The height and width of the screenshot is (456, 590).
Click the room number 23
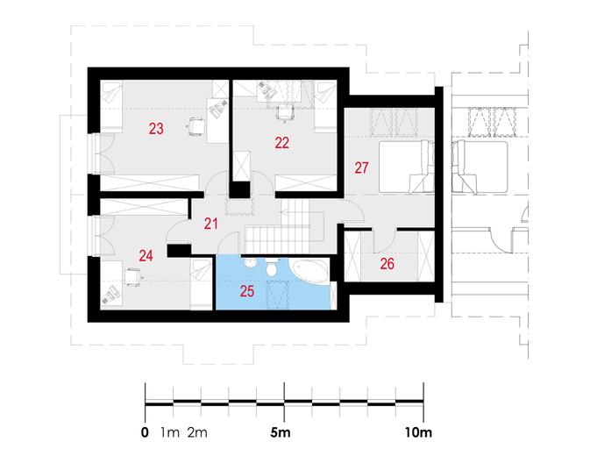[x=156, y=129]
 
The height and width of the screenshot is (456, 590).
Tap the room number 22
[x=281, y=143]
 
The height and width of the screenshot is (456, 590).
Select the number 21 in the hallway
[x=211, y=224]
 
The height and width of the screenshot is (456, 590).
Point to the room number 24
[x=146, y=256]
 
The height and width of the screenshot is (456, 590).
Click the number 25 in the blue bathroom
[x=247, y=291]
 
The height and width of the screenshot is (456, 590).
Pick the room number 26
[x=387, y=264]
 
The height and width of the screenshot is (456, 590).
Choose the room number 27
[x=361, y=167]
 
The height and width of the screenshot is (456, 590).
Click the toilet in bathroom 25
[x=271, y=267]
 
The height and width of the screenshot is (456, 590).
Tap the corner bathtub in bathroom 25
[x=309, y=270]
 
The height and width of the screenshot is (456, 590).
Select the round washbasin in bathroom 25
[x=250, y=262]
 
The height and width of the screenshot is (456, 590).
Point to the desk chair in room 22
[x=284, y=113]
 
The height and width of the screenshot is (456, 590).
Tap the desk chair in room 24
[x=132, y=277]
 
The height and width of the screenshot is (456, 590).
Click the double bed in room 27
[x=407, y=167]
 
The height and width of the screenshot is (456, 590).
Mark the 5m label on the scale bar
[x=281, y=432]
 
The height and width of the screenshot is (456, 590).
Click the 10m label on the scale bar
[x=418, y=432]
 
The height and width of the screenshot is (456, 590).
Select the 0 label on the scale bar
[x=145, y=432]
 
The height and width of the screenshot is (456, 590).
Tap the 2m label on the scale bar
[x=197, y=432]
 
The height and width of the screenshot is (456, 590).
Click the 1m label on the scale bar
[x=170, y=432]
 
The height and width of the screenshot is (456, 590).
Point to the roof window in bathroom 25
[x=278, y=295]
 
